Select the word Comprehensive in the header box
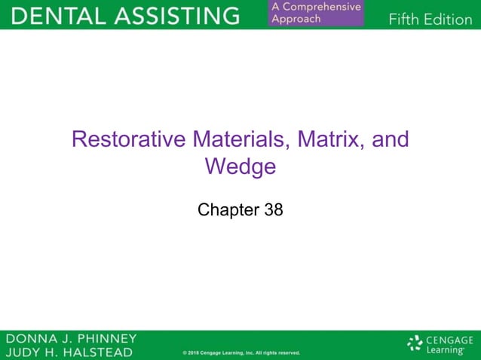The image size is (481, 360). point(322,8)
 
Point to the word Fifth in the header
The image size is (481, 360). point(405,19)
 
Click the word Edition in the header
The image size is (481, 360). point(449,19)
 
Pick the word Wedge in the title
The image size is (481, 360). point(240,166)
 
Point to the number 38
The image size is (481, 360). point(274,210)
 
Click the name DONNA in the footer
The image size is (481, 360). point(30,338)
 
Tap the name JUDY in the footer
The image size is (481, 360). point(23,352)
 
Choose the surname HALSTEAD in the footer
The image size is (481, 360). point(95,352)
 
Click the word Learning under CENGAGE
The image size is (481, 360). point(445,350)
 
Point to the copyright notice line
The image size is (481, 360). point(241,352)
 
